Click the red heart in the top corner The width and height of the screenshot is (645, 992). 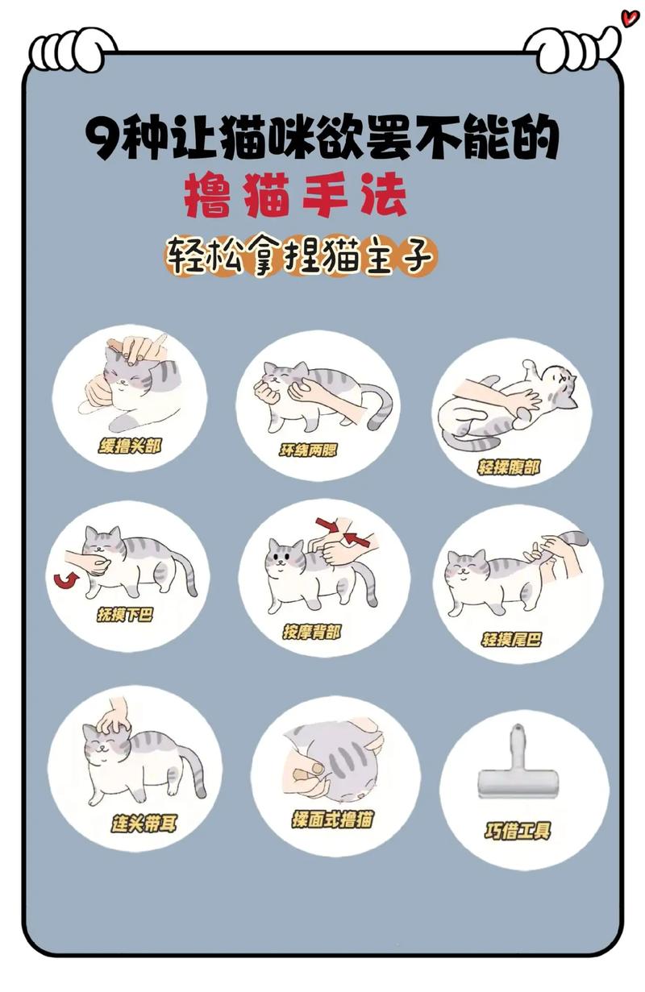coord(629,17)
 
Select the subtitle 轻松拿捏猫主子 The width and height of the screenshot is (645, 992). coord(301,256)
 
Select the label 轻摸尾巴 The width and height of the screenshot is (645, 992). coord(511,640)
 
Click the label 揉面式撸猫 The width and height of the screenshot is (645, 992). coord(332,820)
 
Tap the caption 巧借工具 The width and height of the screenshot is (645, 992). coord(518,831)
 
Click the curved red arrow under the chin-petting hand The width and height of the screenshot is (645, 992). coord(61,579)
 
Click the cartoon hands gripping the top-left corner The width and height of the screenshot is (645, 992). coord(73,48)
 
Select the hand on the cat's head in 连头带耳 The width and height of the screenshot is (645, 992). coord(114,716)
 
